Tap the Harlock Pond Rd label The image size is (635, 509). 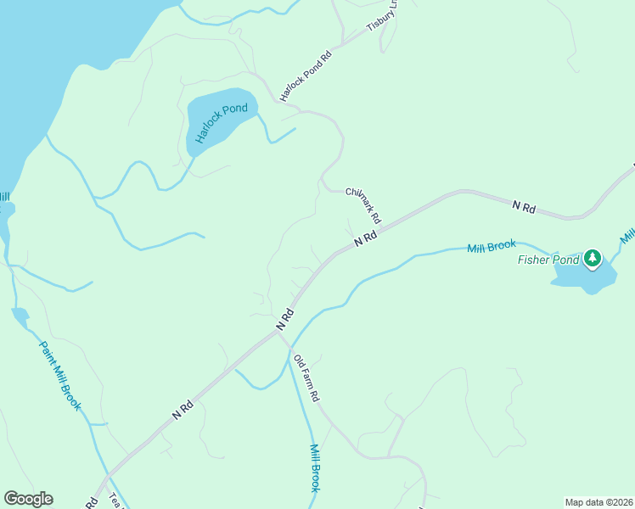(x=305, y=76)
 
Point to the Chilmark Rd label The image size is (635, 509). (x=364, y=205)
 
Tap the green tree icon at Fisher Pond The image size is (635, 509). (x=593, y=257)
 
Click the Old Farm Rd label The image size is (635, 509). (x=306, y=378)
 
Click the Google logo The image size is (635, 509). (x=29, y=499)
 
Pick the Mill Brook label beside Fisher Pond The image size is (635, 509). (x=492, y=247)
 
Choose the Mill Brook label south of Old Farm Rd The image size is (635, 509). (x=314, y=468)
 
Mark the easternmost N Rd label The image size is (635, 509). (x=525, y=206)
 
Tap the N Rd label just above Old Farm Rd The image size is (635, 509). (x=284, y=318)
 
